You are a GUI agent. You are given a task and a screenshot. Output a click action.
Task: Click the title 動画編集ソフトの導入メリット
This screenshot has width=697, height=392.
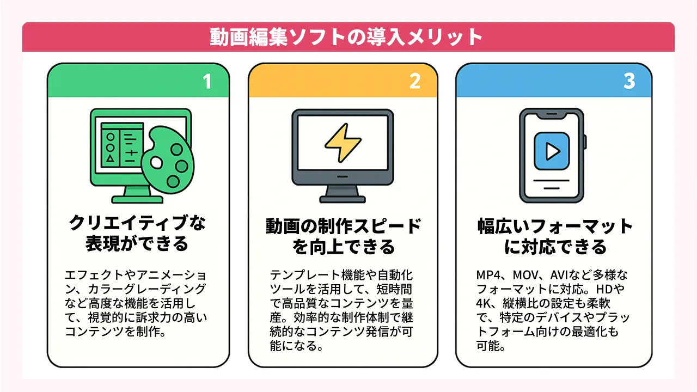coord(346,37)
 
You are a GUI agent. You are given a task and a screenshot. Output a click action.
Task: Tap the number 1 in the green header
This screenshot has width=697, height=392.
coord(207,82)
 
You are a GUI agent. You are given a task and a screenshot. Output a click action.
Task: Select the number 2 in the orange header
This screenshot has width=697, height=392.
coord(415,81)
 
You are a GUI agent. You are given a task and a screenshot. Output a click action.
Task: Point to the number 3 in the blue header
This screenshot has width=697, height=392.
coord(629,81)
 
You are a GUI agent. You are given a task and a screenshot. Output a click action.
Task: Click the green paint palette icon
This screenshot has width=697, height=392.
coord(168,160)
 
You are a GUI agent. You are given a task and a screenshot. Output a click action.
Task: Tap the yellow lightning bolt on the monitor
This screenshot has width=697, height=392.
coord(343,143)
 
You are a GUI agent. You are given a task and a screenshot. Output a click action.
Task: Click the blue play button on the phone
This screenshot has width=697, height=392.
coord(552,151)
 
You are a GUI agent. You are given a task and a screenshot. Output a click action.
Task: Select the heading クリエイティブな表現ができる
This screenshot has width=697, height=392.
coord(137,233)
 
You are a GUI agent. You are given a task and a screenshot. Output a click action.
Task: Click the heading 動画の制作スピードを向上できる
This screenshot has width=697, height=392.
coord(343,236)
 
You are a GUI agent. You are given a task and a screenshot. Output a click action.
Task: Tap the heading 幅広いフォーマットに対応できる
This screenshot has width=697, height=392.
coord(555,236)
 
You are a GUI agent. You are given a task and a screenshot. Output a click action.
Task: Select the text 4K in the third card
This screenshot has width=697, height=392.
coord(483,303)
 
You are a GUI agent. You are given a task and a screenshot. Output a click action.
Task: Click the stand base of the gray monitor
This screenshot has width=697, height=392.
coord(343,199)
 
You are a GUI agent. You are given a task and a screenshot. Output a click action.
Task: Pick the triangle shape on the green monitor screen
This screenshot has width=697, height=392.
coord(110,158)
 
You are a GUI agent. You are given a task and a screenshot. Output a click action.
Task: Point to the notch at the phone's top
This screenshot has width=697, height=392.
coord(552,115)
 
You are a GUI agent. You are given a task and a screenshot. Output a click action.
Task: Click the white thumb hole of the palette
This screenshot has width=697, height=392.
coord(156,163)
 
